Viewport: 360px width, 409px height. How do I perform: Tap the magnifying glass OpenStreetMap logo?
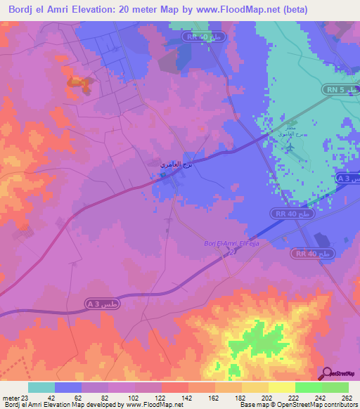click(x=328, y=374)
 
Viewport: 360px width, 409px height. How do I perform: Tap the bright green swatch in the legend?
click(x=308, y=387)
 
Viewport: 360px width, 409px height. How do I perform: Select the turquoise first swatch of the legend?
click(x=41, y=387)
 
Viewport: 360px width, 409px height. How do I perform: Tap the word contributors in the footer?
click(x=340, y=405)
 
